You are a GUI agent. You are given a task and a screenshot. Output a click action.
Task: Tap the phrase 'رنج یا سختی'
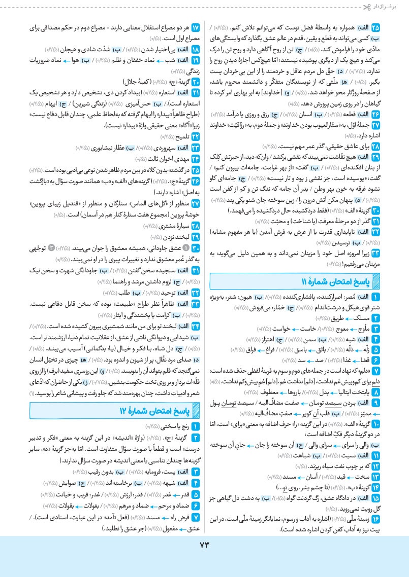pos(173,427)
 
